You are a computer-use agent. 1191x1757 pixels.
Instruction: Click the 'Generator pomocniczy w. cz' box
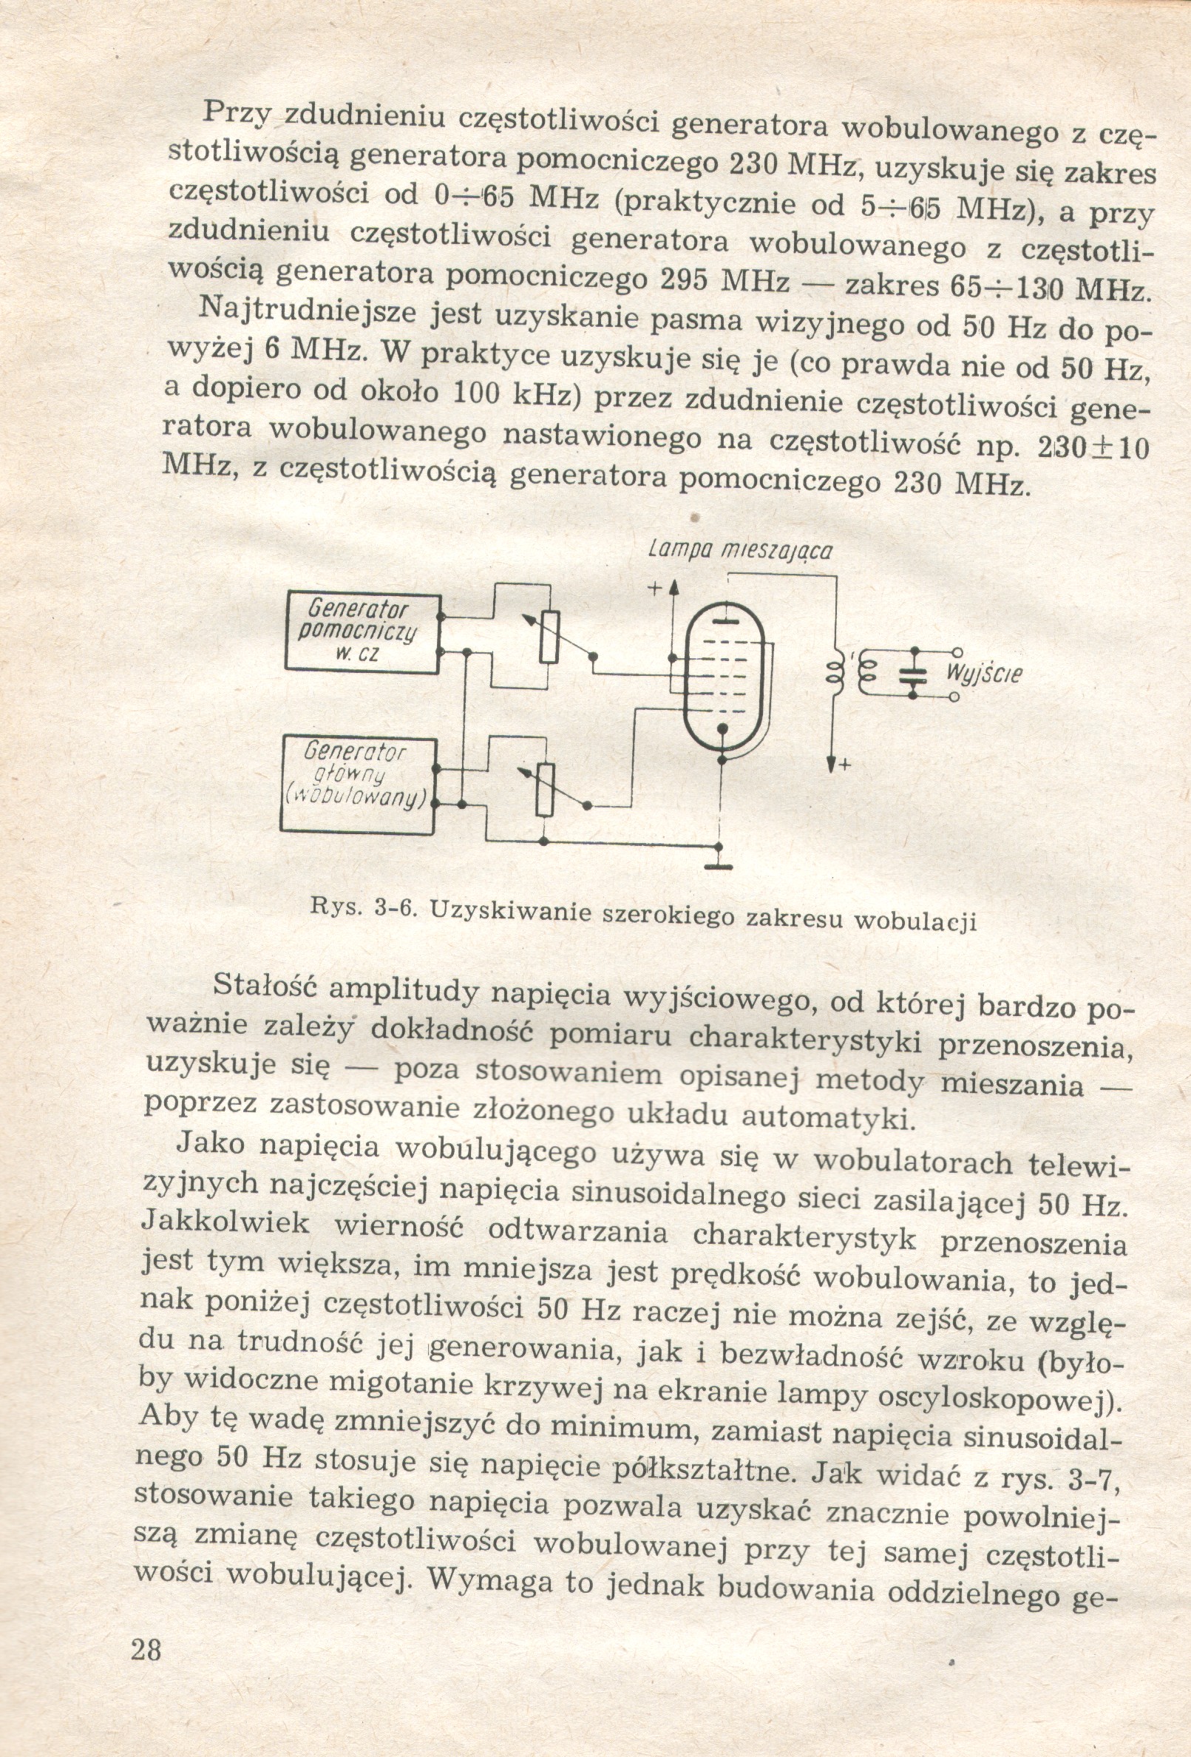pos(362,632)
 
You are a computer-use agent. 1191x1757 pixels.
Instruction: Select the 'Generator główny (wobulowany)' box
pos(356,784)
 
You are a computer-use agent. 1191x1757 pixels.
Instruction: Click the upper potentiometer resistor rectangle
pos(549,637)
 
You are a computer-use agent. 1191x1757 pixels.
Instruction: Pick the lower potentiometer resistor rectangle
pos(545,789)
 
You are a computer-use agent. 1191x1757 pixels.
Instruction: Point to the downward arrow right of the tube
pos(832,764)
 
